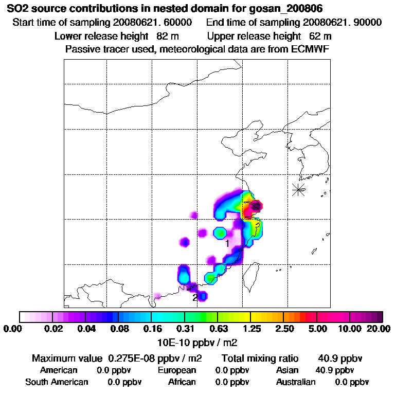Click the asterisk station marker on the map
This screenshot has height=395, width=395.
298,189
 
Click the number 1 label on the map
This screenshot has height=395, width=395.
227,243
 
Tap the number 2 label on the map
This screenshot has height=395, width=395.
195,297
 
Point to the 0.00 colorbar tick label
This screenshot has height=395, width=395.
14,329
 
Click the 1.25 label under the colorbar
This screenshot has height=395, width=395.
250,329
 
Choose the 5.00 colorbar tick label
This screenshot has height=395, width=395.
317,329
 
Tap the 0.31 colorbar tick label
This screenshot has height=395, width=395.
185,329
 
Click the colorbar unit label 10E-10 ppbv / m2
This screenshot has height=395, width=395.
197,342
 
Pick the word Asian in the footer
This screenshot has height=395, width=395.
288,370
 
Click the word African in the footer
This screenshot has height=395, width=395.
182,382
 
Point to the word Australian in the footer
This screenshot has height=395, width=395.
296,382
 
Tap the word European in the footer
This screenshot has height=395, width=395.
177,370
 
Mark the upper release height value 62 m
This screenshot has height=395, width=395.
320,36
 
